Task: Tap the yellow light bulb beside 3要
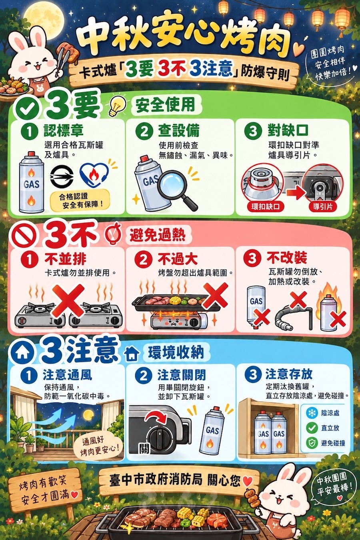pos(118,106)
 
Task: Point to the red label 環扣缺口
pos(266,206)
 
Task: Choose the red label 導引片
pos(323,206)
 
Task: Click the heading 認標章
pos(64,130)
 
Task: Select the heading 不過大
pos(178,259)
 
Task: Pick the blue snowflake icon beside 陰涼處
pos(312,413)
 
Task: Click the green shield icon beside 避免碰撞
pos(312,443)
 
